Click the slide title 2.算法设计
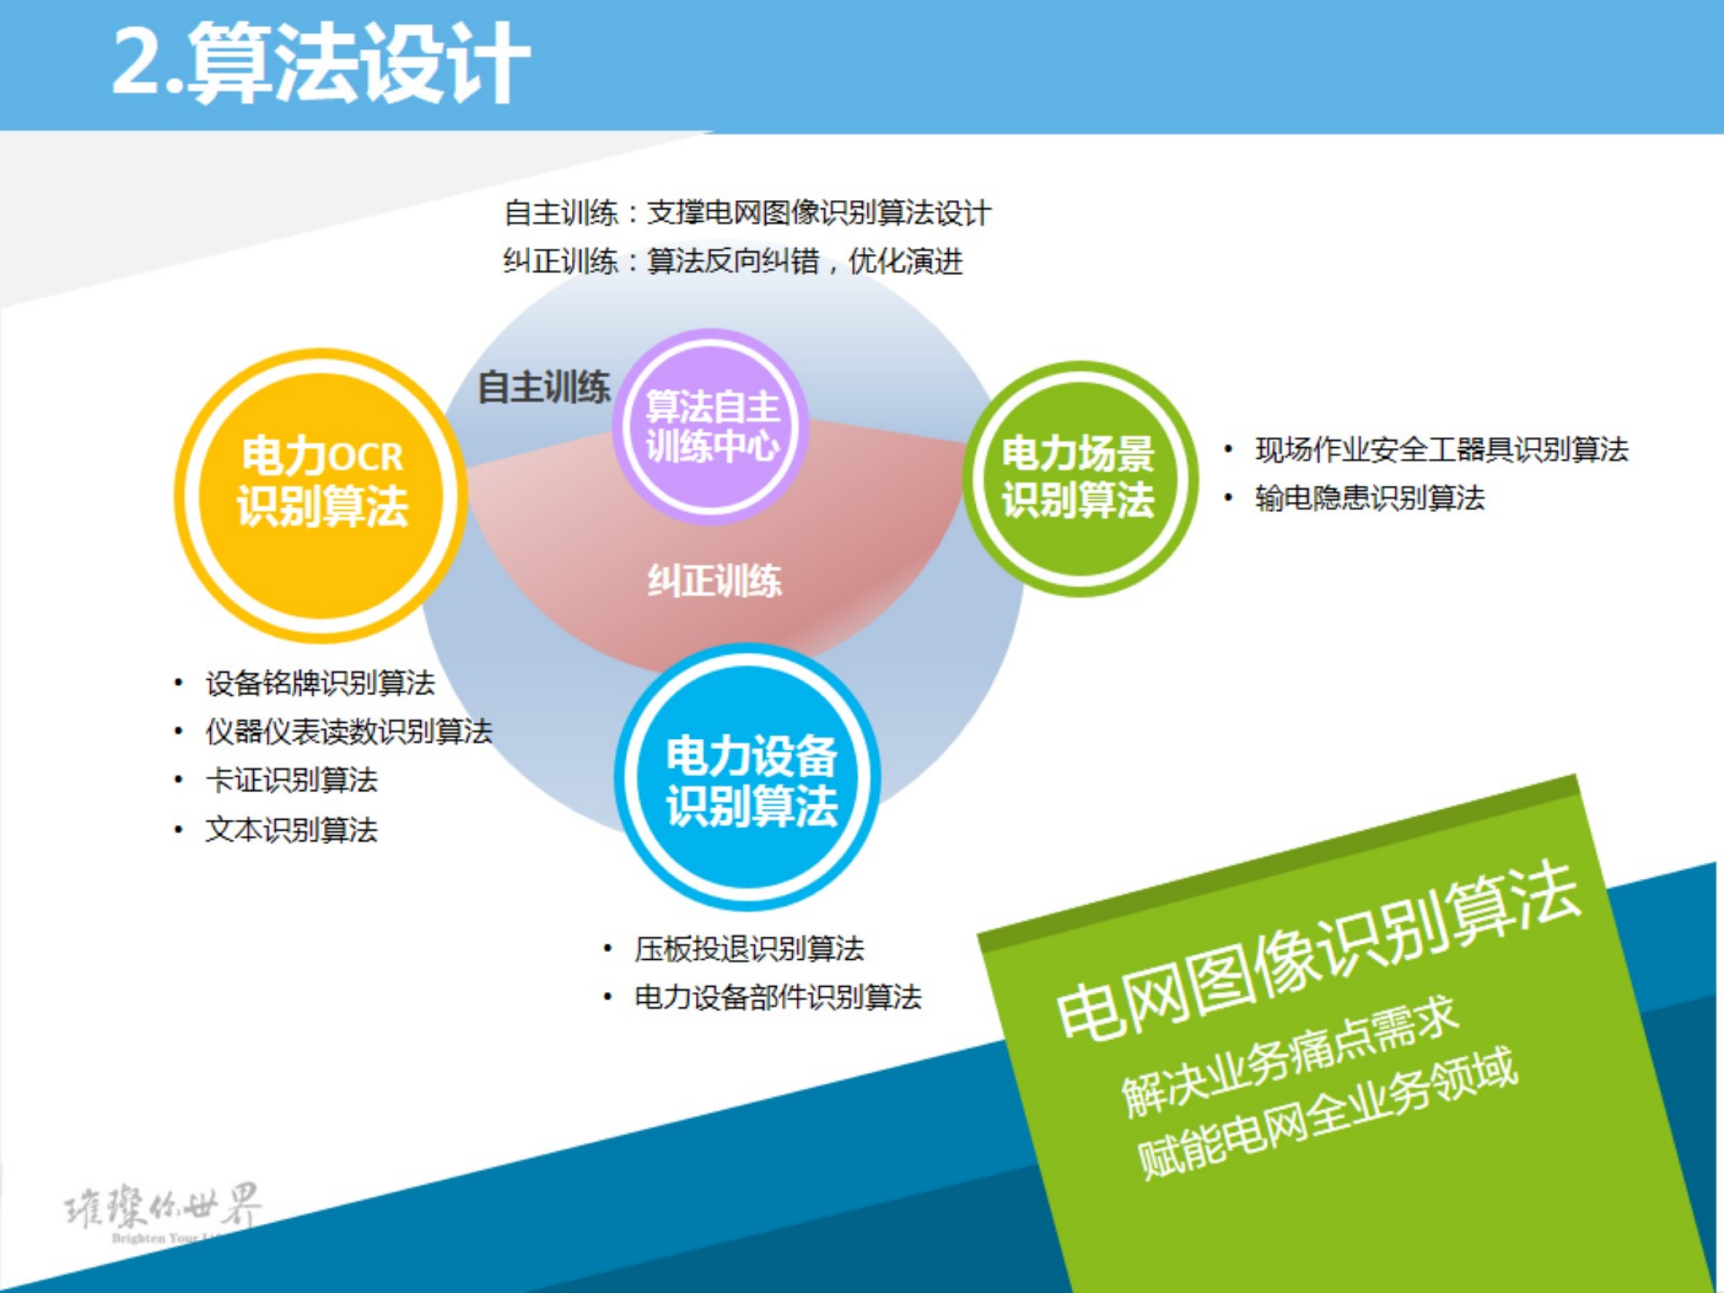click(321, 63)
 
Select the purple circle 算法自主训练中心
click(711, 427)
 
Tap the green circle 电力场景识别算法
click(1079, 479)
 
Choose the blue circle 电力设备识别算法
click(749, 778)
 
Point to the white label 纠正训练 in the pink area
click(715, 581)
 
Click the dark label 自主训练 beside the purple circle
click(543, 388)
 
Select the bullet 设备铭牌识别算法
click(320, 683)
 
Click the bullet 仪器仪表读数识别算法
click(348, 732)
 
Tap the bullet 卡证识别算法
click(291, 780)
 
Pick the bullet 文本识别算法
click(291, 830)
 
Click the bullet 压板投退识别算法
click(749, 949)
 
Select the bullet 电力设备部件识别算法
click(778, 998)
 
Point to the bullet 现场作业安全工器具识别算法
click(1440, 450)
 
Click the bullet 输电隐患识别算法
click(1369, 498)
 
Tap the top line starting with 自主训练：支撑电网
click(747, 214)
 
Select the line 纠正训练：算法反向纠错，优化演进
click(733, 262)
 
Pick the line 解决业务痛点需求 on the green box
click(1289, 1058)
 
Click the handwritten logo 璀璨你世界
click(163, 1208)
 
